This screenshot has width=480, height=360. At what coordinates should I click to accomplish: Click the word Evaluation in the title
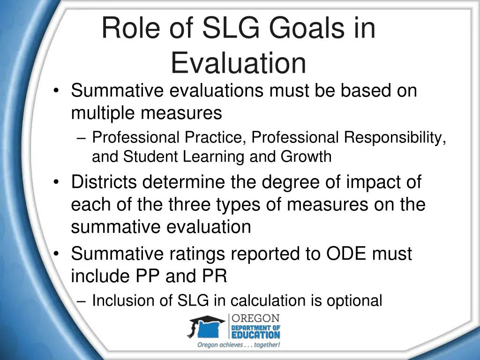point(238,63)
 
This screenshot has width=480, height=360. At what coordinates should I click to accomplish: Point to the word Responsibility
point(395,137)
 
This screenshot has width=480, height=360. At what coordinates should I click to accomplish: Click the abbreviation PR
point(215,277)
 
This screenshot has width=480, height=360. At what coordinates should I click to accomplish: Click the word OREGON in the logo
point(255,319)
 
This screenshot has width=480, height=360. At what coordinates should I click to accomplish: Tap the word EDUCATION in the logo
point(255,335)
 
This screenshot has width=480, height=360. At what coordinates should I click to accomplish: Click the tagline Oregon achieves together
point(239,345)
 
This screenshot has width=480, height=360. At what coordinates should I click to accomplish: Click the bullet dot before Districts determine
point(56,182)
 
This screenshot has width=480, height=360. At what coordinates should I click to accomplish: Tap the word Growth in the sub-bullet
point(306,157)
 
